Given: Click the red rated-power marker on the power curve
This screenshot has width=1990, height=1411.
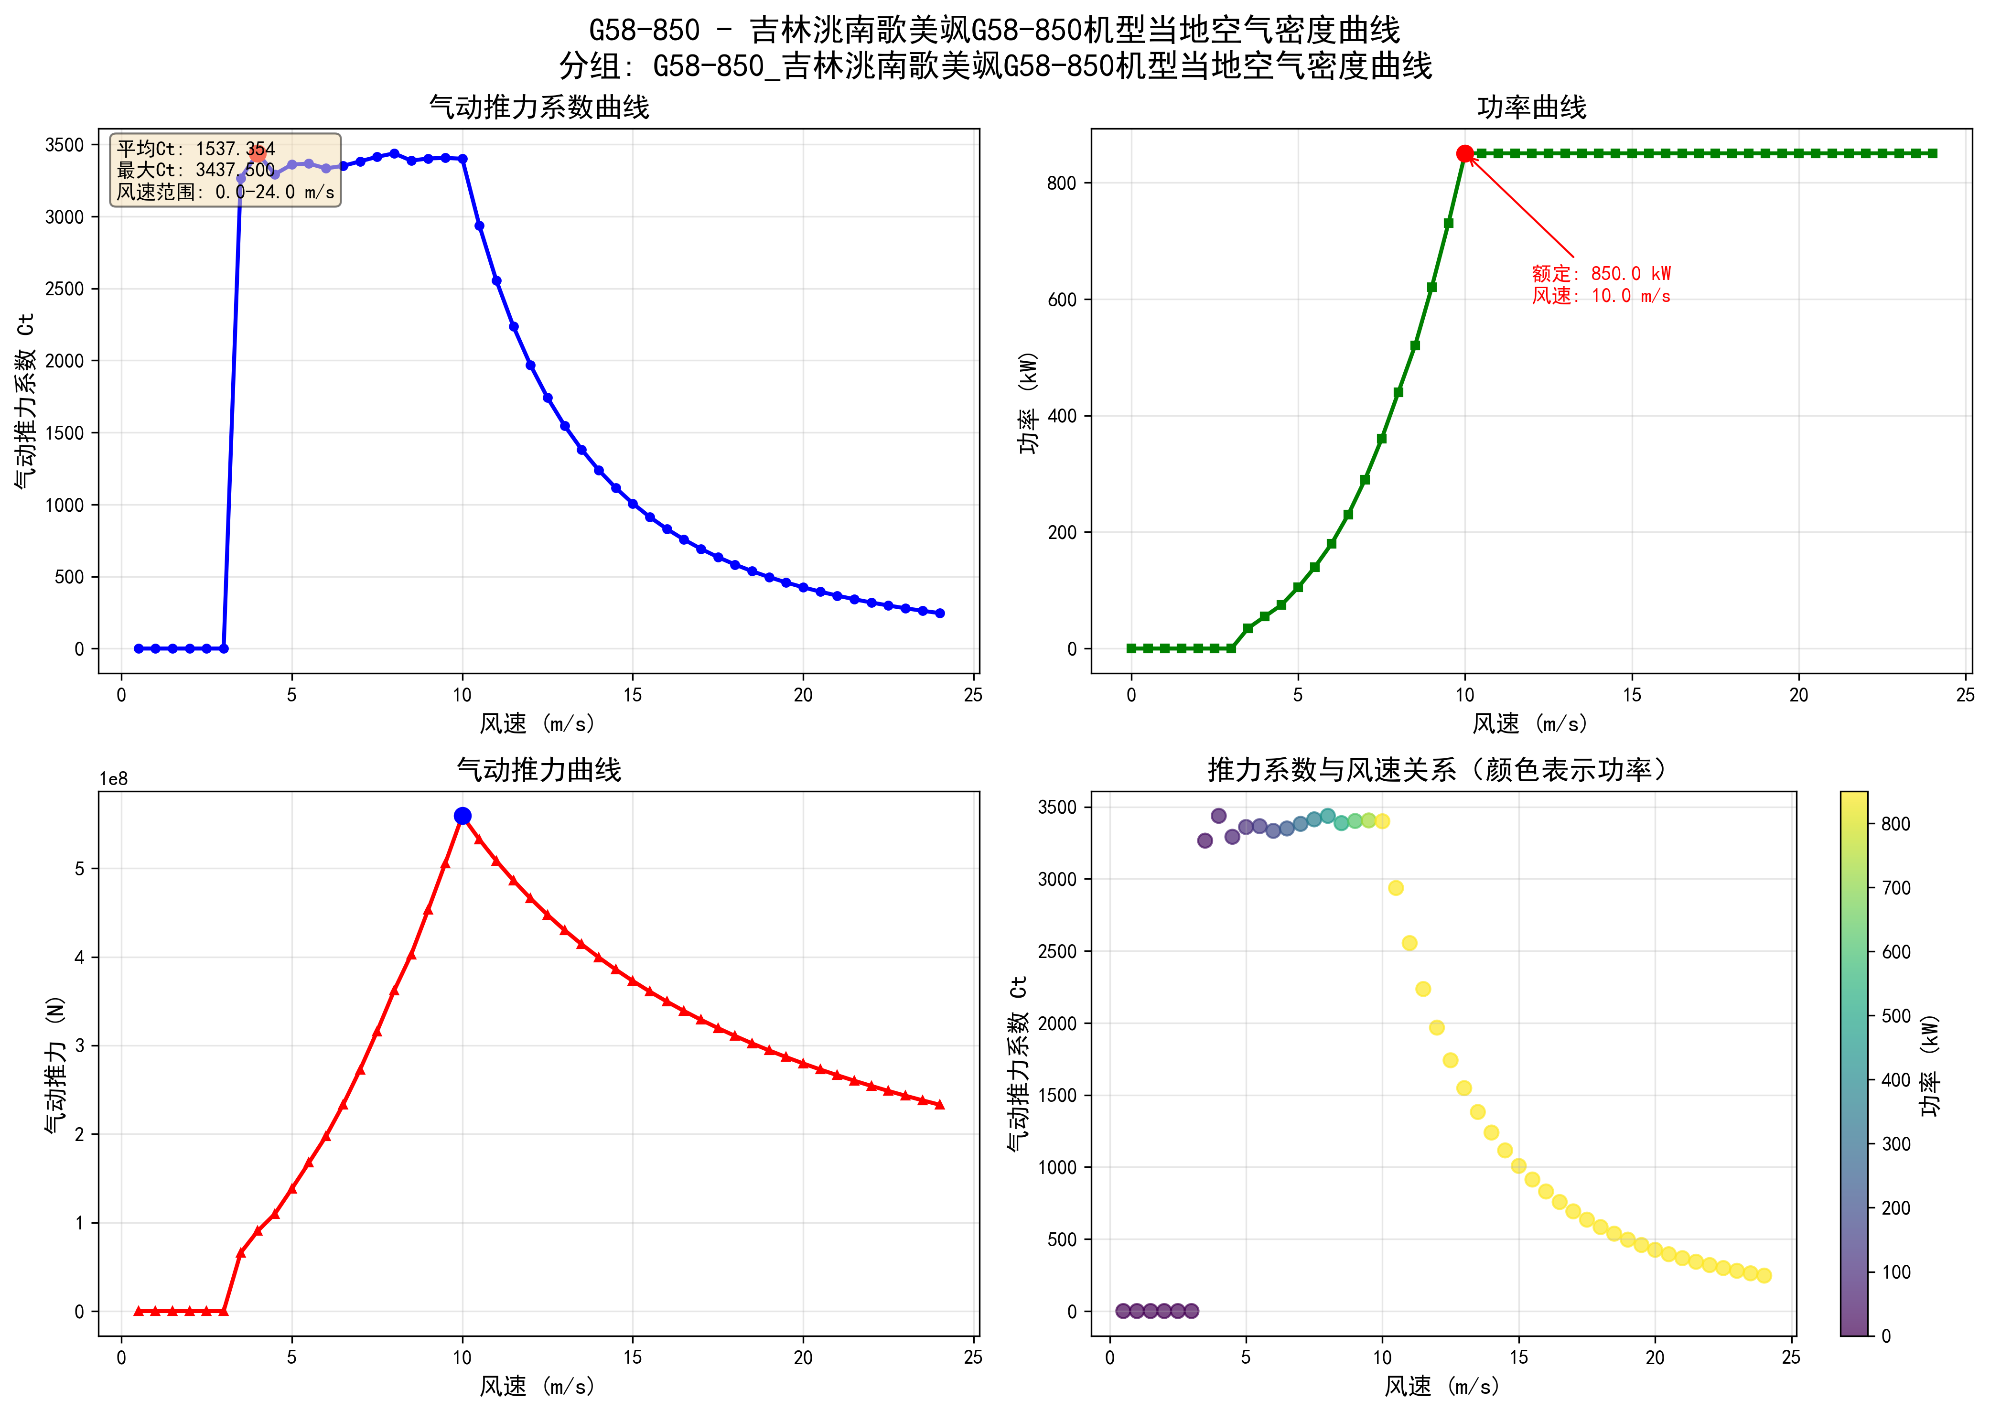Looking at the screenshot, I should (x=1464, y=154).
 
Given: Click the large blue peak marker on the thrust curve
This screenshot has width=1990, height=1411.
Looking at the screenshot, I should (x=462, y=815).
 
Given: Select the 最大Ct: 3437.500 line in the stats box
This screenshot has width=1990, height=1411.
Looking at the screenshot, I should (x=195, y=170).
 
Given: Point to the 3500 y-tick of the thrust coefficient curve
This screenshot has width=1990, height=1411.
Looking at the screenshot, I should (x=65, y=145).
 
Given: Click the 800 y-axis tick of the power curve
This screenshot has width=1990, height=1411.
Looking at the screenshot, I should (x=1062, y=183).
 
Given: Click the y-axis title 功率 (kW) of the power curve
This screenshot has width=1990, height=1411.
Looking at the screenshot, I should (x=1028, y=402).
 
